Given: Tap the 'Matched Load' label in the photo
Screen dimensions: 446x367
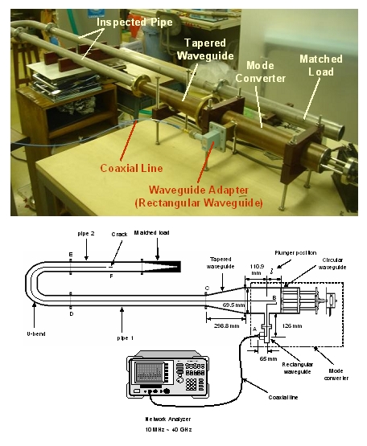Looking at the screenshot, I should pos(320,66).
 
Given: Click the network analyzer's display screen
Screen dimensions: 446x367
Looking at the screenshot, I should pos(150,371).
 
